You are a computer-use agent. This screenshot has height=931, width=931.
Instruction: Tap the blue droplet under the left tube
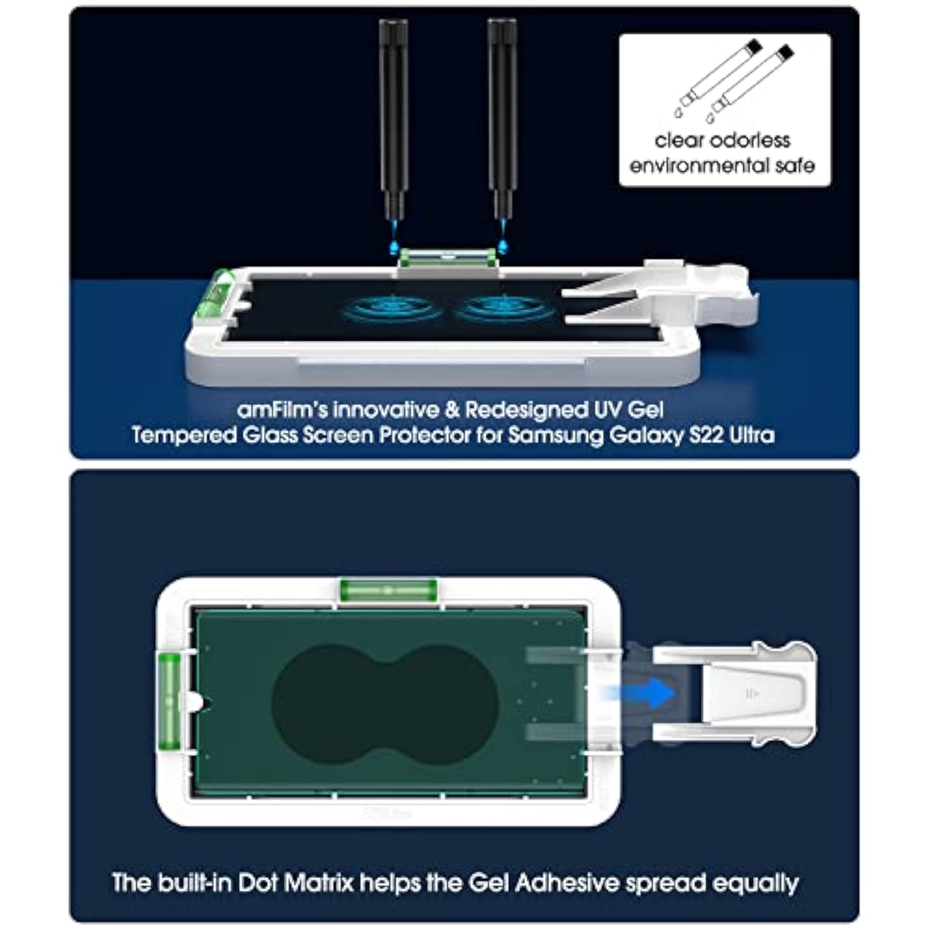coord(394,246)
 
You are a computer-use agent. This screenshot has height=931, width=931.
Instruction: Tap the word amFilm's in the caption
coord(282,410)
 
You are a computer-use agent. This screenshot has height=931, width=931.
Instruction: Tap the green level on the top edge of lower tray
coord(388,589)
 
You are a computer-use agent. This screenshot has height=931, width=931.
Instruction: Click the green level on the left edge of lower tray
coord(169,701)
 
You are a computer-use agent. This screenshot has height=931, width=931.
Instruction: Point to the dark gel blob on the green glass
coord(385,700)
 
